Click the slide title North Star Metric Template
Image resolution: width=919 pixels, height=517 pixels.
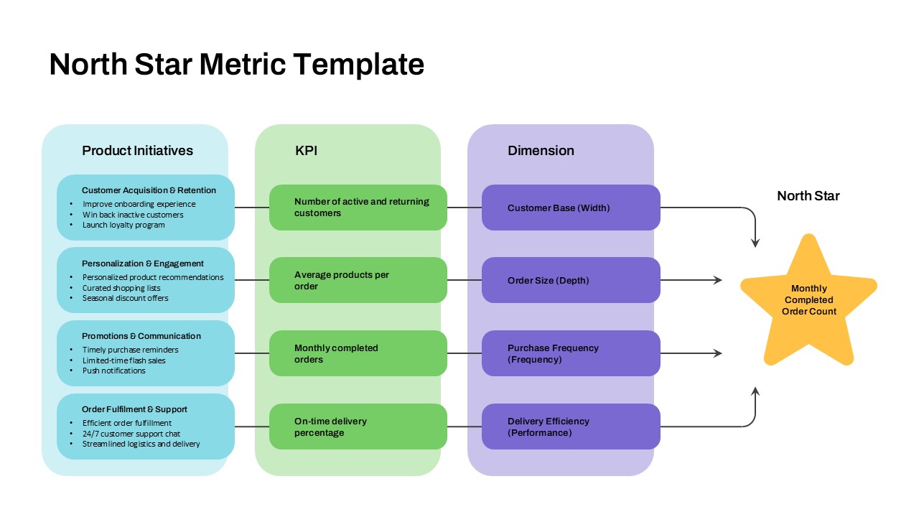[236, 65]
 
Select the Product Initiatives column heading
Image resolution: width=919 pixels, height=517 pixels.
[137, 151]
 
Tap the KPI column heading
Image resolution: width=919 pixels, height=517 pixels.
[306, 151]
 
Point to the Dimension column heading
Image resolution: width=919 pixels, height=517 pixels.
[541, 151]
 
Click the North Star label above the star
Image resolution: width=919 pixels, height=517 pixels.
[808, 196]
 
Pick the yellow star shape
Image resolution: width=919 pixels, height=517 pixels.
[808, 302]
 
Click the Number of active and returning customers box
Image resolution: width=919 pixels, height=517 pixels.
[358, 208]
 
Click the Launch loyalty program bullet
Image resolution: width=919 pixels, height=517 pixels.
[123, 225]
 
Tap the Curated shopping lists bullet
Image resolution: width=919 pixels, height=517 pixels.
[121, 288]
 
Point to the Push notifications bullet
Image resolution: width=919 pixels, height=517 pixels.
[113, 371]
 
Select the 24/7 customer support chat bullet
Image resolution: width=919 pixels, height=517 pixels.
[131, 434]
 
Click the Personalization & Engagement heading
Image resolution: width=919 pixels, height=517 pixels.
[143, 264]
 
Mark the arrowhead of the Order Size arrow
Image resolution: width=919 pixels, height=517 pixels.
[718, 280]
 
